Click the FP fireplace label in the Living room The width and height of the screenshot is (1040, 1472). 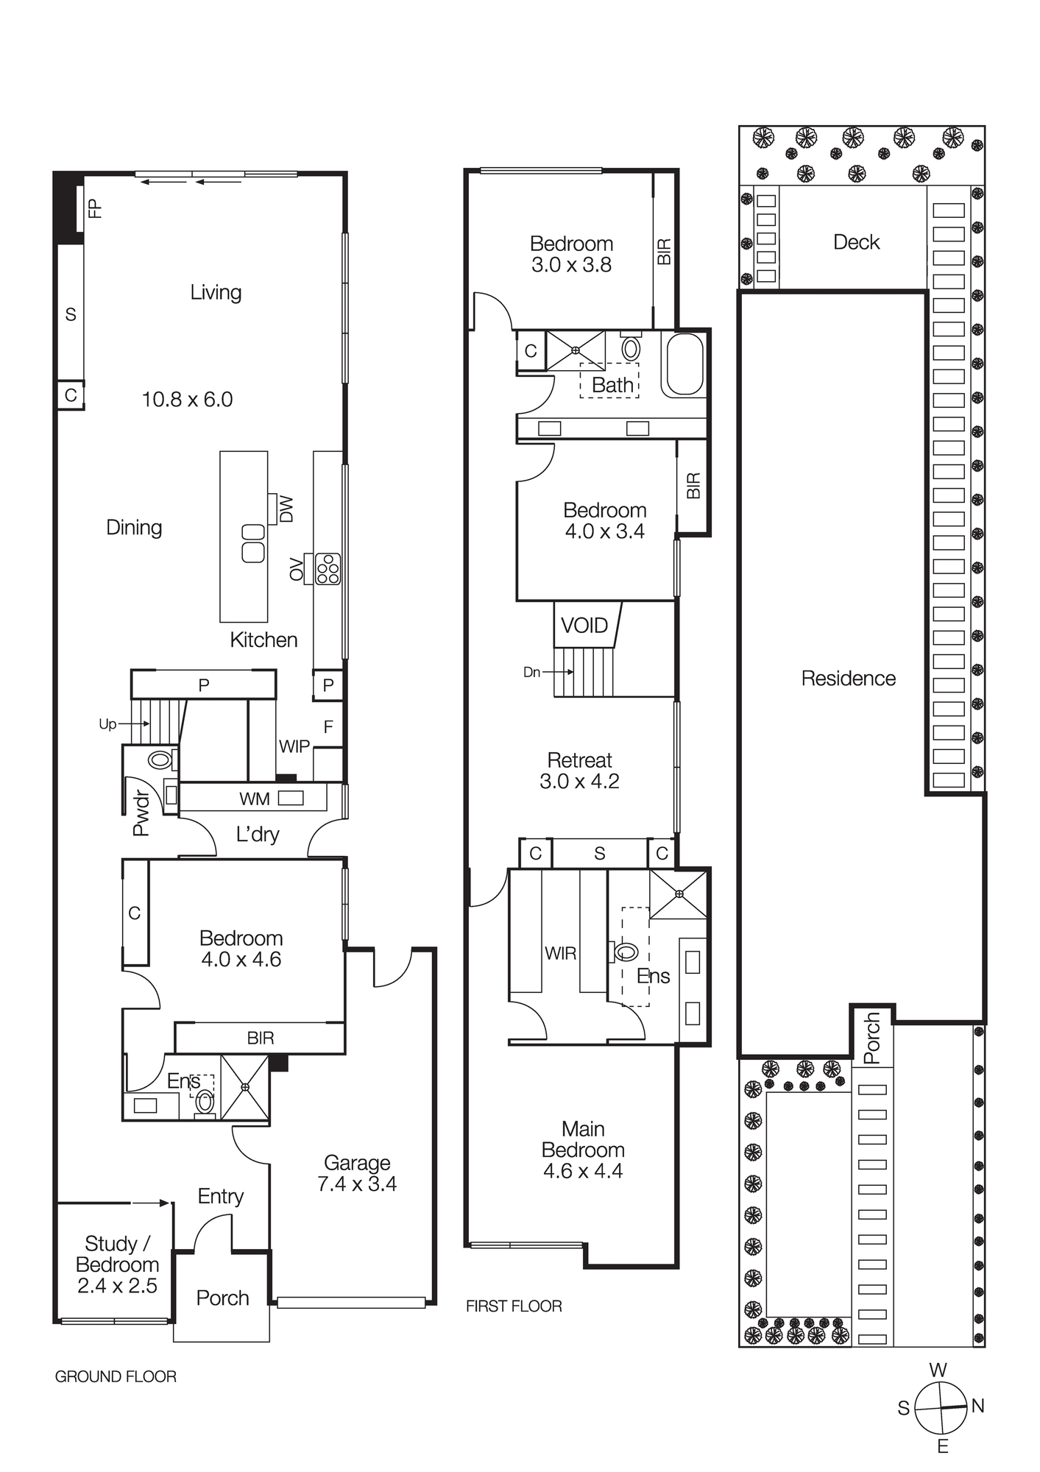94,208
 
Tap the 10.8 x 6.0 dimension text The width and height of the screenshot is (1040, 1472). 187,400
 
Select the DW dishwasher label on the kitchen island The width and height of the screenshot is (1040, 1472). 287,509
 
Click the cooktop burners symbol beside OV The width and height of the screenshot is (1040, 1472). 328,569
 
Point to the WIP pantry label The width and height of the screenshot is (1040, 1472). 294,746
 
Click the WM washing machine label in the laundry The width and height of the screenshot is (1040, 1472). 255,799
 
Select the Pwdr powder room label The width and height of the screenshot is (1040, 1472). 141,813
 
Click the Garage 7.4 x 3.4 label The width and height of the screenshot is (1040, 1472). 357,1173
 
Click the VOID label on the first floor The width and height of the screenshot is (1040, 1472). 584,626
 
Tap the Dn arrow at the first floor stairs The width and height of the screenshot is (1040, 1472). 548,671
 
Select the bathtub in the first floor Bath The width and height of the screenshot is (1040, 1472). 684,365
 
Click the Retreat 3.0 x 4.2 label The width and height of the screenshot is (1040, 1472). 580,771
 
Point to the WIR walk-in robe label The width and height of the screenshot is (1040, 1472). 560,953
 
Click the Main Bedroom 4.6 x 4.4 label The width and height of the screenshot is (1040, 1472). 583,1150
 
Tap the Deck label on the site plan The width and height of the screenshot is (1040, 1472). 856,242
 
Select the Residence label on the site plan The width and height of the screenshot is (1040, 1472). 848,678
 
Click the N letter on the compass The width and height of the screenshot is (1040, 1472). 977,1405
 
